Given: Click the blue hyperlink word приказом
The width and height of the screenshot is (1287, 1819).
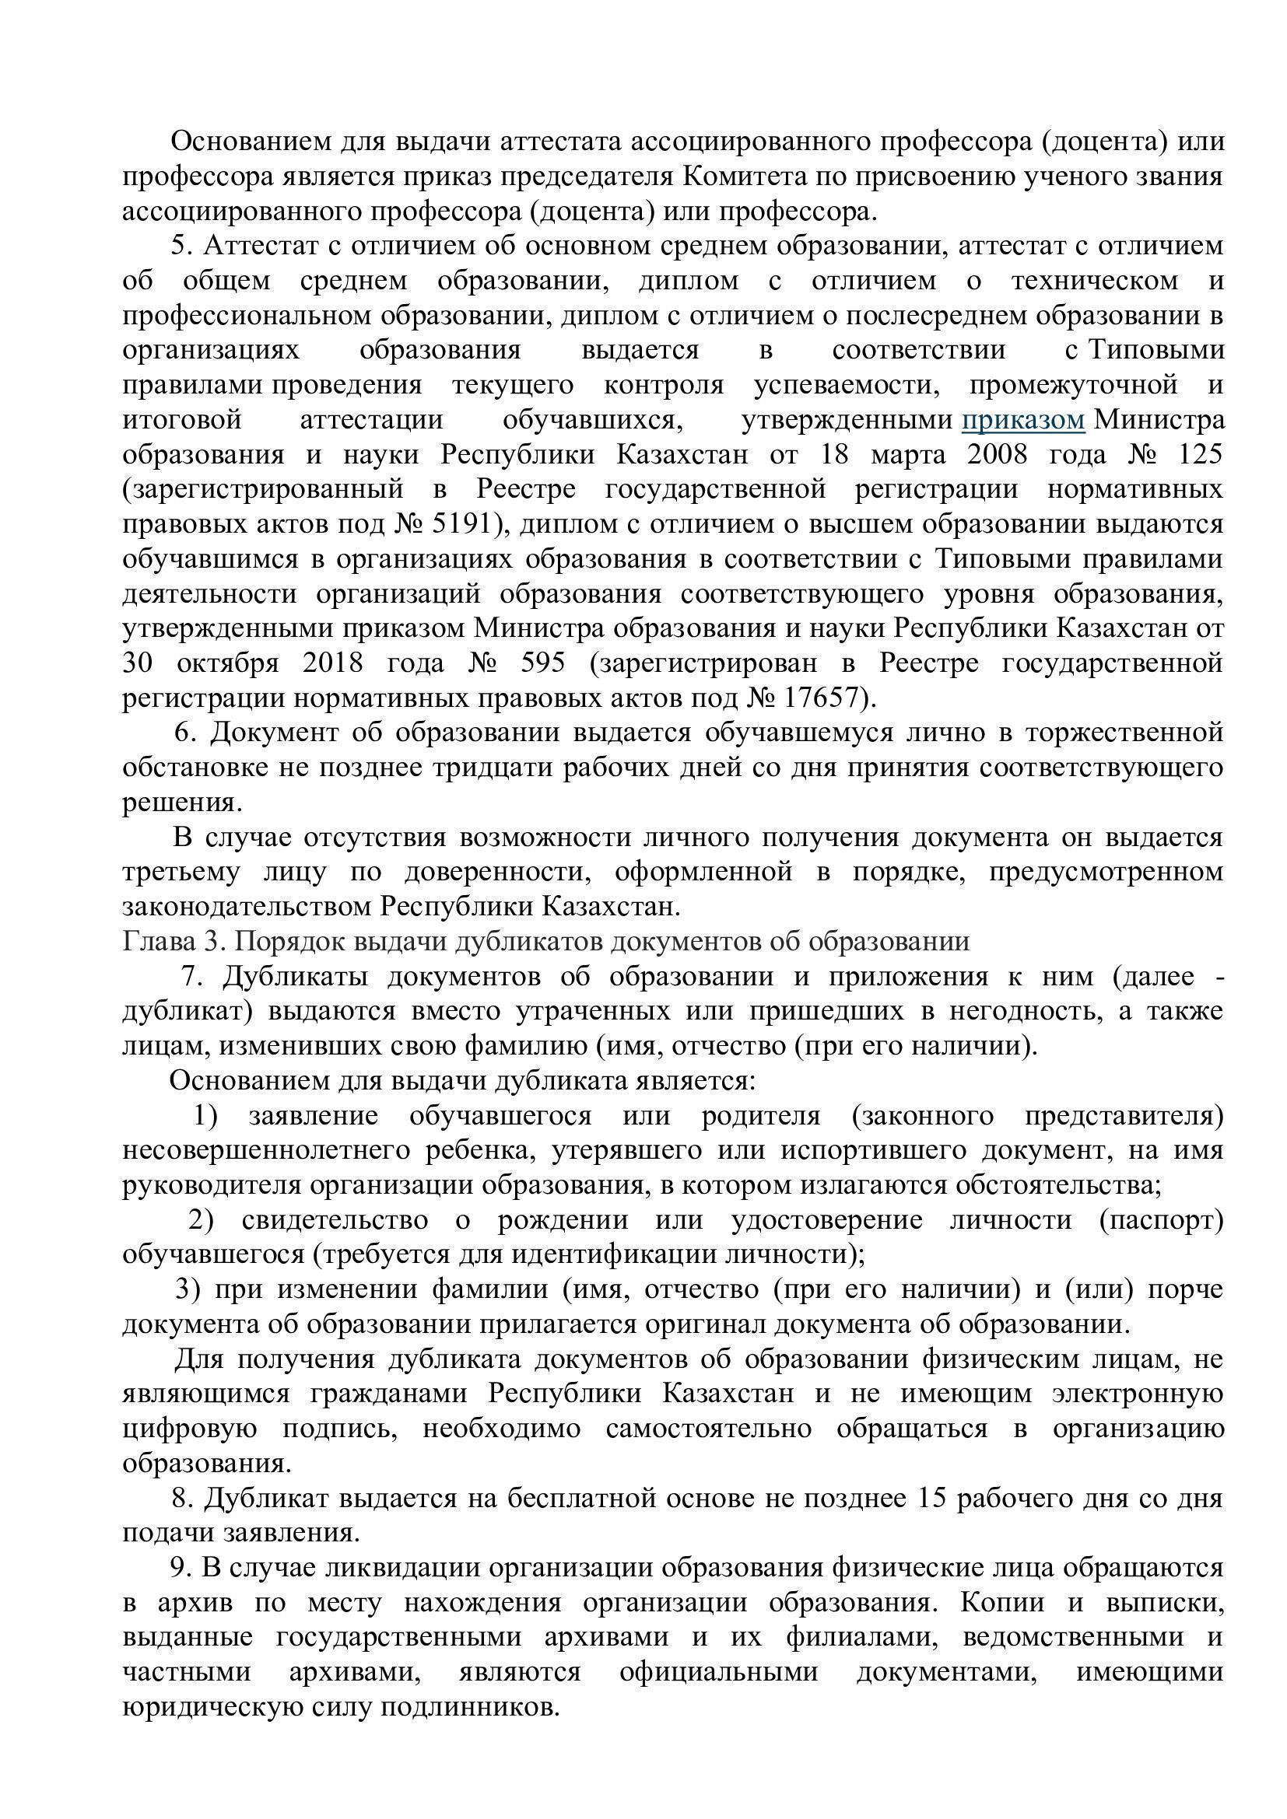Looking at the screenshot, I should (1022, 420).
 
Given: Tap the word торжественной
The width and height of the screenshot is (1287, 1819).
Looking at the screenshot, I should (1124, 733).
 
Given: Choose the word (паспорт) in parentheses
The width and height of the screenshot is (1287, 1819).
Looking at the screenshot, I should (1161, 1221).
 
